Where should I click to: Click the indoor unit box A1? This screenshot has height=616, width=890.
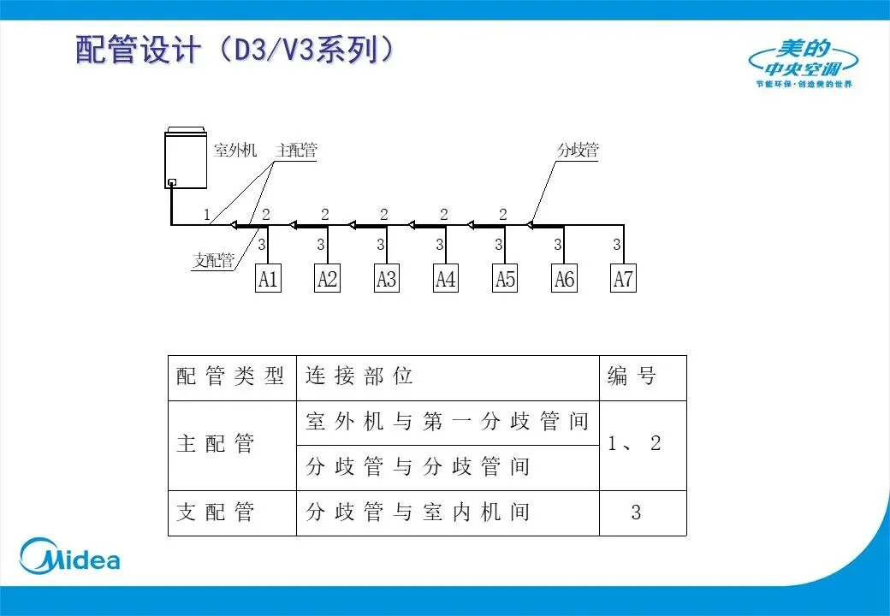click(268, 279)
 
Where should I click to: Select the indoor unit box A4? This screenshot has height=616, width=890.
click(446, 279)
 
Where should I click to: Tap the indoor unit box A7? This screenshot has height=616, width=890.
click(624, 279)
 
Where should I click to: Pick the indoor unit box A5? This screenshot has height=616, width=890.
click(505, 279)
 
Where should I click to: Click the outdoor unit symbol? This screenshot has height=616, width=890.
click(187, 158)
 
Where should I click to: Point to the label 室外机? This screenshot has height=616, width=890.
click(234, 151)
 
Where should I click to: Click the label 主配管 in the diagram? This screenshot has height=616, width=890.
click(296, 151)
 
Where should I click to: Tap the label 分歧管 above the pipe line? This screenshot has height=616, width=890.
click(578, 150)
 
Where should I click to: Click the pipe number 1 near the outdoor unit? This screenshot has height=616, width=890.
click(207, 215)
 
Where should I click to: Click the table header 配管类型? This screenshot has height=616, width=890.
click(230, 377)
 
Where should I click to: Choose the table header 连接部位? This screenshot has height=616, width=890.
click(359, 377)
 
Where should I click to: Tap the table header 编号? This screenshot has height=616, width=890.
click(632, 377)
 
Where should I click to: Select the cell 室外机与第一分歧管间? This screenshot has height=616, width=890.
click(447, 423)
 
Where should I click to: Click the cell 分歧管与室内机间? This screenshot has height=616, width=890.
click(418, 512)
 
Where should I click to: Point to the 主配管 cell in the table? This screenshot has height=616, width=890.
click(216, 445)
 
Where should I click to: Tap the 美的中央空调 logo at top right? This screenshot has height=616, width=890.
click(804, 62)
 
